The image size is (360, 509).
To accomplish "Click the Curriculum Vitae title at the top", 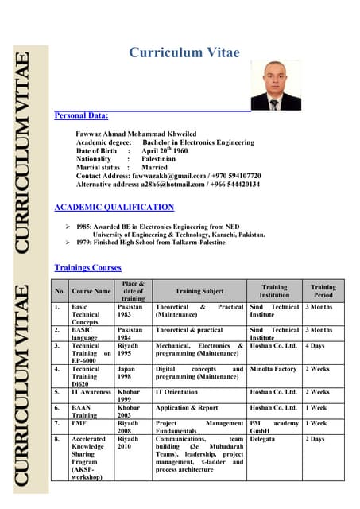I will tap(184, 53).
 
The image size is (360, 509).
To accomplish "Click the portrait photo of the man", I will tap(276, 85).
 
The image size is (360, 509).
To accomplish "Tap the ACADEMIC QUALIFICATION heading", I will tap(114, 208).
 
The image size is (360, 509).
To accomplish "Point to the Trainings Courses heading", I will tap(87, 268).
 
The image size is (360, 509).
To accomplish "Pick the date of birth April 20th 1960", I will tap(165, 150).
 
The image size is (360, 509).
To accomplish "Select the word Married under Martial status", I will tap(154, 168).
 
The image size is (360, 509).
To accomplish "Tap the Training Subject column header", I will tap(199, 292).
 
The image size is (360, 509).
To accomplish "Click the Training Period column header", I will tap(323, 291).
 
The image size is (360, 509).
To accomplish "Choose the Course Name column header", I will tap(91, 292).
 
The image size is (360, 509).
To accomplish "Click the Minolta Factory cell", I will tap(273, 369).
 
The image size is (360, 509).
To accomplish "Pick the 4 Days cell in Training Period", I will tap(315, 346).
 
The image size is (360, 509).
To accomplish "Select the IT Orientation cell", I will tap(176, 392).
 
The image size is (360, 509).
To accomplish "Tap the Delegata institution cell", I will tap(262, 438).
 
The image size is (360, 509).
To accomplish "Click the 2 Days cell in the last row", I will tap(315, 438).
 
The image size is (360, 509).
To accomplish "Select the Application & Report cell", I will tap(187, 408).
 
